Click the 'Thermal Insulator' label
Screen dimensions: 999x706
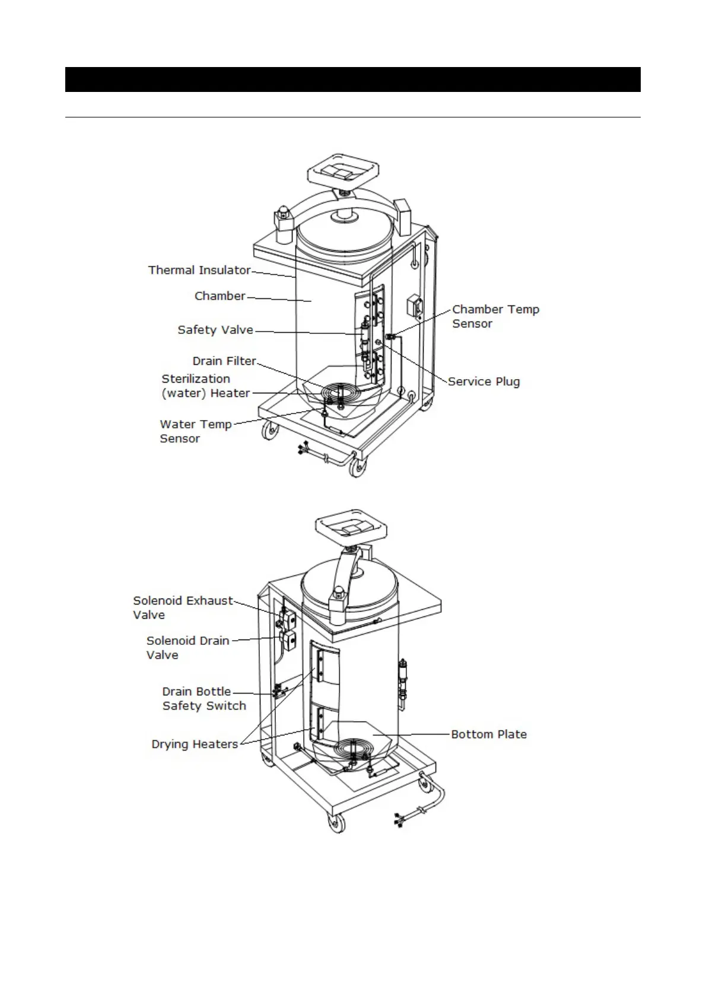(x=199, y=271)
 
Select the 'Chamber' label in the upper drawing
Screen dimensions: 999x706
(x=220, y=296)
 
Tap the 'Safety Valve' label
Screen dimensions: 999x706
(x=215, y=330)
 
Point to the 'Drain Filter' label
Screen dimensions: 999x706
(x=224, y=361)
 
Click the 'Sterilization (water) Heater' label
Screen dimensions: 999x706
(x=205, y=386)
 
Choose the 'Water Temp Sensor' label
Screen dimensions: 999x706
(x=195, y=431)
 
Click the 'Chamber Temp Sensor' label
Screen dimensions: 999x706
(x=495, y=316)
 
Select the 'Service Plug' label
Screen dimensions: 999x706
(x=484, y=381)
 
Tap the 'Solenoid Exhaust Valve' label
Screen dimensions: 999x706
(x=183, y=607)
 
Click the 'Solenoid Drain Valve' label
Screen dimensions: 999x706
(x=187, y=648)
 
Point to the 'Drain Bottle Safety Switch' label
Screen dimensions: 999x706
(x=203, y=699)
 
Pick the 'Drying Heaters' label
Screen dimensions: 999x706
(x=195, y=745)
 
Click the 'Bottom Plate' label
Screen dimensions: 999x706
(x=489, y=734)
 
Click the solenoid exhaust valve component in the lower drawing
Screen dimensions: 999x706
(x=289, y=620)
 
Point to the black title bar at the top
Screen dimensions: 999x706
(x=352, y=79)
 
